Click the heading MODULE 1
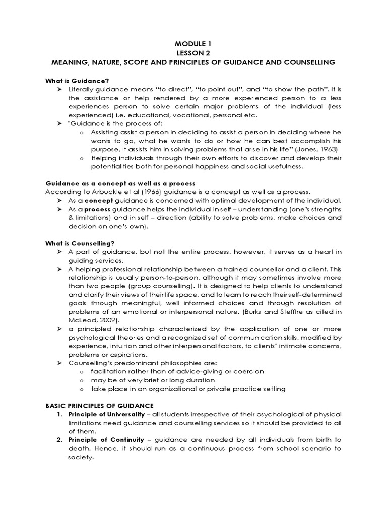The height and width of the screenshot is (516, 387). point(193,43)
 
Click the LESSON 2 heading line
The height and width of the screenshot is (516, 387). point(193,52)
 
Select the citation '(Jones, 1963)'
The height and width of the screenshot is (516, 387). point(316,149)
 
